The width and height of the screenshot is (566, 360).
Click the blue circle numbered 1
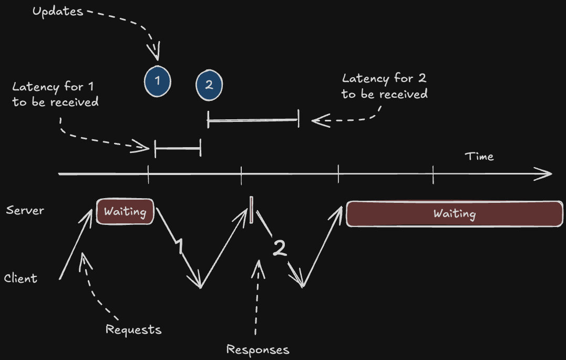point(158,81)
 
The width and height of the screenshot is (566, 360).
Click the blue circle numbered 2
point(209,86)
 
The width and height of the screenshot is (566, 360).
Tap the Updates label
point(58,11)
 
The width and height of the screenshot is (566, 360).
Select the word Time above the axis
point(479,156)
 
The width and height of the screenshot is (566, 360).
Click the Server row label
point(25,210)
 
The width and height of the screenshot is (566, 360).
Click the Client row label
point(21,278)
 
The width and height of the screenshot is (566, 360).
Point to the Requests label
point(133,330)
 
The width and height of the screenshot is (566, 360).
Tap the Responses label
point(258,349)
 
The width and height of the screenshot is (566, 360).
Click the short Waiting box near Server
point(125,212)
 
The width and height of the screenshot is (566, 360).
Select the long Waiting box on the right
point(455,213)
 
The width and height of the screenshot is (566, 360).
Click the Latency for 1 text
point(55,95)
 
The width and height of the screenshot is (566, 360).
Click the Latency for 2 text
point(384,86)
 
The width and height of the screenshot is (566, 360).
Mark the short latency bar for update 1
point(178,149)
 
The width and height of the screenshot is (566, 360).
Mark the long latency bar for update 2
point(253,120)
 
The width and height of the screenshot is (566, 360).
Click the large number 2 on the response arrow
point(280,249)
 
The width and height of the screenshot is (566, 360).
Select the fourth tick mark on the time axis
point(433,174)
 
